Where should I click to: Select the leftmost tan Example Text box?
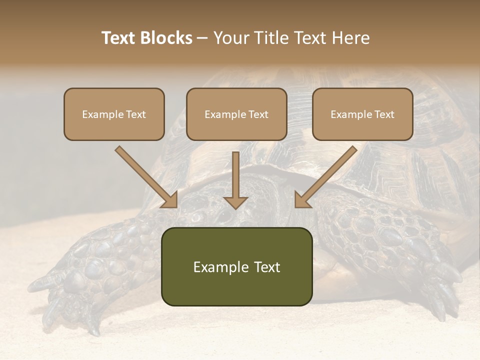pos(114,114)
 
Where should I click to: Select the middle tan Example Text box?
pos(236,114)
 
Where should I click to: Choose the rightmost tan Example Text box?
pos(362,114)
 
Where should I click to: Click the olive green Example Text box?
pos(236,266)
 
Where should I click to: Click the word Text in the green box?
pos(265,267)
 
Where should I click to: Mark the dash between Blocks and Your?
pos(202,38)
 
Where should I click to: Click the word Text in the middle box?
pos(258,114)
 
